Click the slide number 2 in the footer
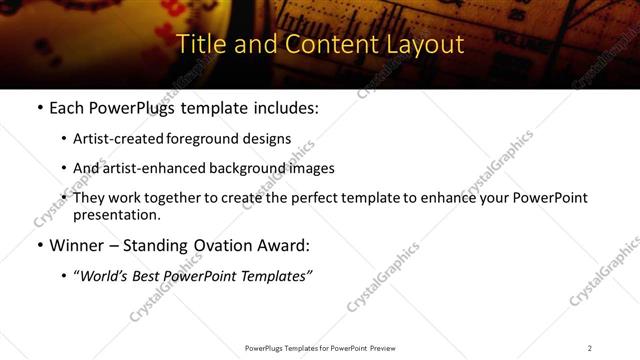[x=589, y=348]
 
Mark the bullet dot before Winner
[x=40, y=246]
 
